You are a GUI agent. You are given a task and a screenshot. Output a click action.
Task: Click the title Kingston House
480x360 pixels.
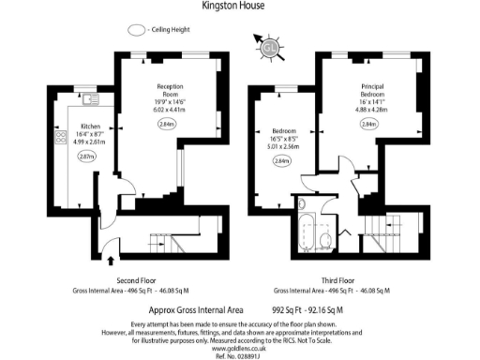[x=233, y=6]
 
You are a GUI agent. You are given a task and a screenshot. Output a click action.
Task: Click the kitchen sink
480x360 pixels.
[x=90, y=100]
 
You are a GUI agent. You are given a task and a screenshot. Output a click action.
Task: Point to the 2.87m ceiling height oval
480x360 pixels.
[x=87, y=157]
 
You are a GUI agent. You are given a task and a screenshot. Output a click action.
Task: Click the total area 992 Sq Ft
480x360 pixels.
[x=292, y=308]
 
